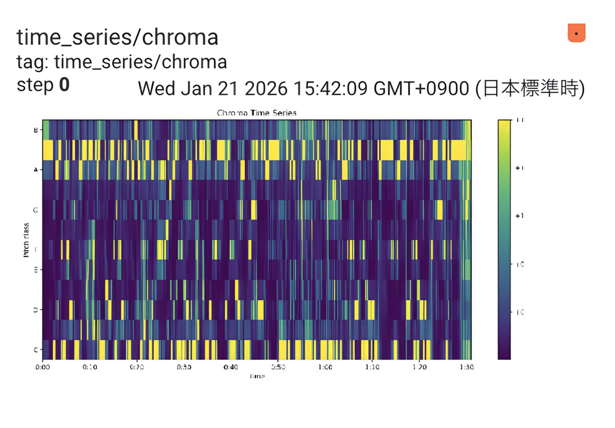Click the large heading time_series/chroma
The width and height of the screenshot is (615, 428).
[117, 37]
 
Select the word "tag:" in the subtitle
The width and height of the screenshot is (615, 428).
[33, 62]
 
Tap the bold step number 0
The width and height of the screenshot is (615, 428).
[64, 85]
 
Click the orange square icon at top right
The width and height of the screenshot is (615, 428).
[577, 33]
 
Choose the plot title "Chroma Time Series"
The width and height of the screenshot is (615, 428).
[256, 113]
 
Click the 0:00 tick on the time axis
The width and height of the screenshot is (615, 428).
[43, 367]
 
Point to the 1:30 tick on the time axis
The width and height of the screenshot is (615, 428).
[466, 367]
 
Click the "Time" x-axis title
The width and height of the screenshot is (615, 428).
[256, 376]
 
